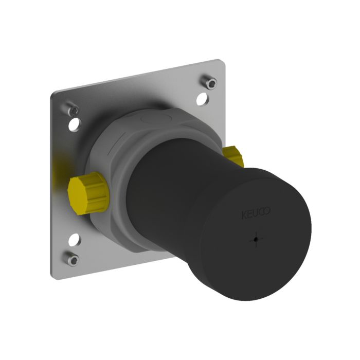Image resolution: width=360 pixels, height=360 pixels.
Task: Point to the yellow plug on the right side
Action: coord(235,156)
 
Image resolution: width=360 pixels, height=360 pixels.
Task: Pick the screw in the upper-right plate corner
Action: coord(209,81)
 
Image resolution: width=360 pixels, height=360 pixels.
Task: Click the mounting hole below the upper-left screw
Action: coord(76,123)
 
